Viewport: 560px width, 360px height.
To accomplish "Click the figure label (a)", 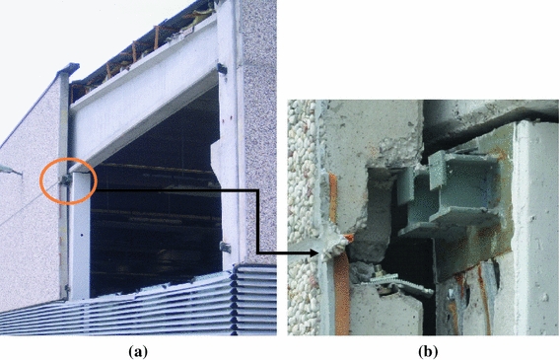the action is coord(137,352).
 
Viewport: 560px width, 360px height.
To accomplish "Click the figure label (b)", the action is coord(428,352).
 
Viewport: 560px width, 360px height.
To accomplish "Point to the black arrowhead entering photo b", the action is coord(313,253).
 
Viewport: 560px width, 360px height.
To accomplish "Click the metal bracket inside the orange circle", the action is coord(66,180).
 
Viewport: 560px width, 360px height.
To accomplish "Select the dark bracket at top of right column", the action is coord(222,69).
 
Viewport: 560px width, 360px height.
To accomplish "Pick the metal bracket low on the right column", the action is coord(225,248).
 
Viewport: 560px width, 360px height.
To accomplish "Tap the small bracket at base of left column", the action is coord(66,288).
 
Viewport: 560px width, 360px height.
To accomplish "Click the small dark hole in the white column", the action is coord(82,236).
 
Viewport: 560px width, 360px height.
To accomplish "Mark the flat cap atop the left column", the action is coord(68,69).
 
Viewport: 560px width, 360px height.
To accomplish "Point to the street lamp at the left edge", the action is coord(9,171).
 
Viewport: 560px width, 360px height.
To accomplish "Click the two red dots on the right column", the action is coord(227,117).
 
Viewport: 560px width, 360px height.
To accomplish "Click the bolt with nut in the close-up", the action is coord(379,273).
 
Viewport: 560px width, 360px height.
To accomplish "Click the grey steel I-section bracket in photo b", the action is coord(450,194).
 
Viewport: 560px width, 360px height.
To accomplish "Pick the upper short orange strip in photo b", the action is coord(333,198).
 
